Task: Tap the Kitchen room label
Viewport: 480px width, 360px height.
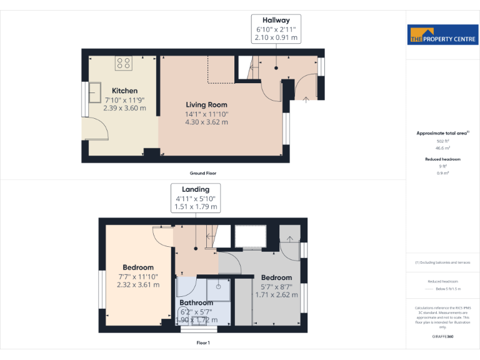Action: point(124,91)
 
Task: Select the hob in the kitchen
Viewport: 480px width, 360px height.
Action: point(123,62)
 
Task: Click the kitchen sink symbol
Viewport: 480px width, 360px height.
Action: point(96,91)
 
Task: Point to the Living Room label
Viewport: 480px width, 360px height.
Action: point(206,105)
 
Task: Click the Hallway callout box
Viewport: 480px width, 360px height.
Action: point(276,29)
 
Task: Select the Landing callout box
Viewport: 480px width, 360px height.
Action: point(196,197)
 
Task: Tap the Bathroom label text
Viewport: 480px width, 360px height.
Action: point(196,303)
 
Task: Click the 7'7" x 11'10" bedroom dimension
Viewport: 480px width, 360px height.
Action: point(138,276)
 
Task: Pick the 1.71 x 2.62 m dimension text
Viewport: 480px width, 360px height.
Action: point(276,294)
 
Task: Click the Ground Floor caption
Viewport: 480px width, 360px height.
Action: point(203,173)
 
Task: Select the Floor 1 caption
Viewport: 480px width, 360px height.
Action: point(203,342)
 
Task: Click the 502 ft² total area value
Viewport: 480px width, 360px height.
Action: point(443,142)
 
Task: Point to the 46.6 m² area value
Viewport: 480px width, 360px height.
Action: point(443,149)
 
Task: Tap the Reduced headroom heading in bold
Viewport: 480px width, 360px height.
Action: point(443,159)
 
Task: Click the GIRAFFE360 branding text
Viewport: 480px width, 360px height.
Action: point(443,337)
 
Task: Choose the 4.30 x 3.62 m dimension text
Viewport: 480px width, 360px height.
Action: point(206,122)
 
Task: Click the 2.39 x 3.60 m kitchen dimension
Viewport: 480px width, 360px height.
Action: point(124,107)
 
